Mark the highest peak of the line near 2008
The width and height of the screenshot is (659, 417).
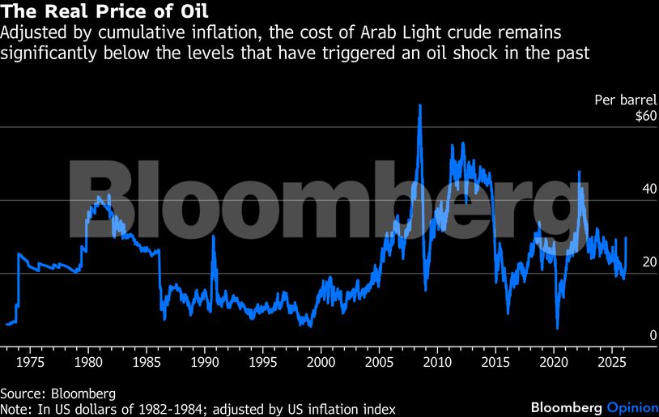pyautogui.click(x=419, y=105)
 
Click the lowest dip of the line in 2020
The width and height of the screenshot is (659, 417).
pyautogui.click(x=558, y=327)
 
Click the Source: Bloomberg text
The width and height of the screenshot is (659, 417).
pyautogui.click(x=58, y=394)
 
